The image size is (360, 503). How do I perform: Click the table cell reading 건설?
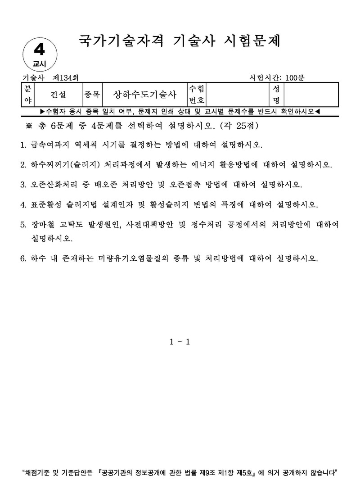click(x=58, y=95)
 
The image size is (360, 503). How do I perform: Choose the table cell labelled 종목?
click(x=92, y=95)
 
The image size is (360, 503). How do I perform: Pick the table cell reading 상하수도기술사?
click(x=144, y=95)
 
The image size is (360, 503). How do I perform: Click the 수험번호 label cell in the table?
click(x=197, y=95)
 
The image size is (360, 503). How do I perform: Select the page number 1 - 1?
click(x=180, y=341)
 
